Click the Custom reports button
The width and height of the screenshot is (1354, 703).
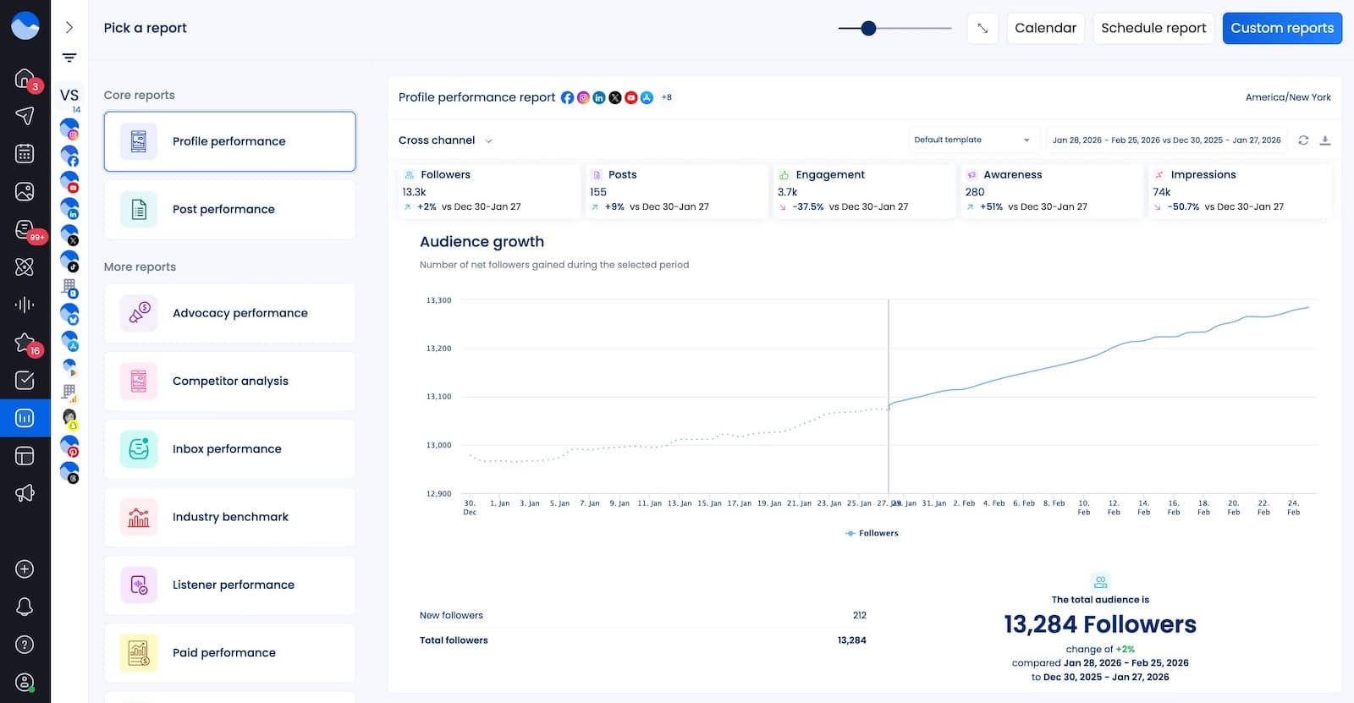pos(1281,28)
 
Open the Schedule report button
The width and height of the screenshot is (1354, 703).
pos(1153,28)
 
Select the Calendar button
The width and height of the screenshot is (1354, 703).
pos(1045,28)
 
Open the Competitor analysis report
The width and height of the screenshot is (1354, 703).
pos(229,381)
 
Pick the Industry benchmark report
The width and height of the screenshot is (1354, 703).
pos(229,517)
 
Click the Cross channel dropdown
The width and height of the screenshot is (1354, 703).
pos(445,140)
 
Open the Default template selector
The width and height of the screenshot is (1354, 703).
pos(971,140)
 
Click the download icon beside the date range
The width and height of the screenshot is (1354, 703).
pos(1325,140)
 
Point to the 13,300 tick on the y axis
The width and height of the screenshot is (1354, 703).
pos(438,300)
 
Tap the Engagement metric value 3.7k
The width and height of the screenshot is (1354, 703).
pos(787,192)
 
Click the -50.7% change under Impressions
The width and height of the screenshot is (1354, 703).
pos(1183,206)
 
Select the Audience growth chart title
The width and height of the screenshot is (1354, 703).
pos(482,242)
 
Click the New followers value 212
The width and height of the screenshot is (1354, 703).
pos(859,615)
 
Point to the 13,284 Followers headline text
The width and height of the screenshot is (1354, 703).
pos(1099,624)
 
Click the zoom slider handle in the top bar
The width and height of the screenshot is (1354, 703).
pos(868,29)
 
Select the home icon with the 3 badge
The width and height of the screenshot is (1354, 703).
pos(25,79)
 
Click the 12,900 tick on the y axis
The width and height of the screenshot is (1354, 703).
pos(438,493)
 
